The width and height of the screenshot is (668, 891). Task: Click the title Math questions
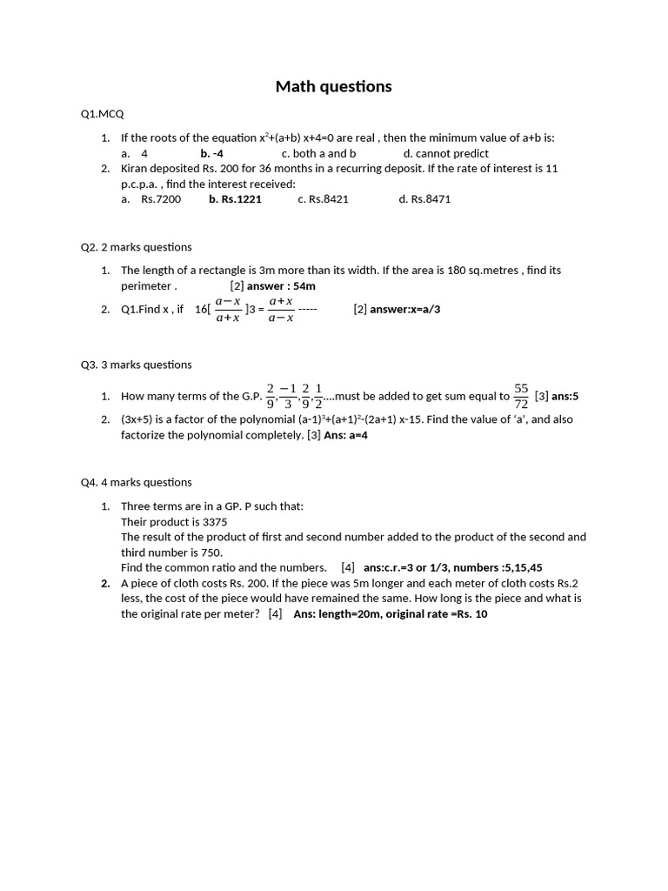point(333,86)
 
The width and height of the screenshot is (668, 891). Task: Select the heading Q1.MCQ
point(102,114)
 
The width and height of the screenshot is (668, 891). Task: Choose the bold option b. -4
point(211,153)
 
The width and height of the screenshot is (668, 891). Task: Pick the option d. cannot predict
point(445,153)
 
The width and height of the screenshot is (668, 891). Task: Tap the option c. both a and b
point(318,153)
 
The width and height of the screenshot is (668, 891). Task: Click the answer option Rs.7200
point(161,198)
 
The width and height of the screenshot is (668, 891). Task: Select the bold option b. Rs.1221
point(235,198)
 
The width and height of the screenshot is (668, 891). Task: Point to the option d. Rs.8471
point(424,198)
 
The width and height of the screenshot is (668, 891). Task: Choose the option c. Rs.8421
point(323,198)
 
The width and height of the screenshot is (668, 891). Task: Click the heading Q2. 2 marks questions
point(137,247)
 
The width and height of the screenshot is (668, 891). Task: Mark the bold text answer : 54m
point(281,285)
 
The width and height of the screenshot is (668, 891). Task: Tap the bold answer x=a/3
point(405,309)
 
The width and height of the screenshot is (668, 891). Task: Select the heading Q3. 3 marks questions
point(137,365)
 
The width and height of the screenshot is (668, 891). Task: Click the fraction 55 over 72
point(522,396)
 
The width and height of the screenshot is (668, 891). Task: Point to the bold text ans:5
point(564,397)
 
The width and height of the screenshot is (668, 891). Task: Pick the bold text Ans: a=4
point(345,435)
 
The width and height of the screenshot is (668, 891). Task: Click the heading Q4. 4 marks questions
point(137,482)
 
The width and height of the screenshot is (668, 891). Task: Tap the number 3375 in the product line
point(215,522)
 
